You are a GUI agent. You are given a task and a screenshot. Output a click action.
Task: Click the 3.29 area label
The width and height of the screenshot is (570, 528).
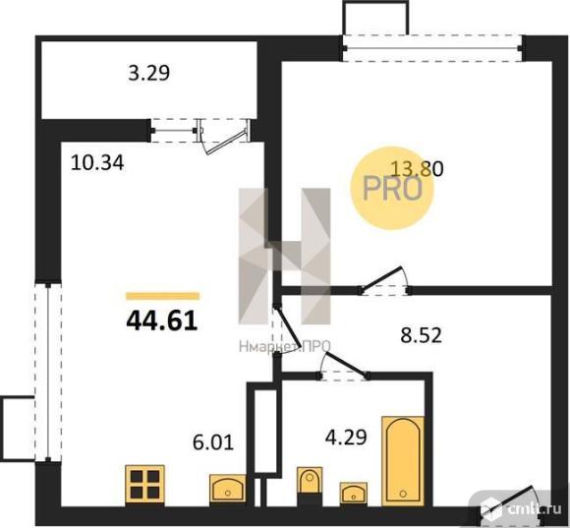pyautogui.click(x=149, y=73)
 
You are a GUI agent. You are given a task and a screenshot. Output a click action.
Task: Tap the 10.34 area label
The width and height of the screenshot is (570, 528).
pyautogui.click(x=97, y=163)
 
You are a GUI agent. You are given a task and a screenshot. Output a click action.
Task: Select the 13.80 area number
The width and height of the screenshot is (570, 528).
pyautogui.click(x=417, y=169)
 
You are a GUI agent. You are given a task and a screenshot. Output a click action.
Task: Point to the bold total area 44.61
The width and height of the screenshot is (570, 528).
pyautogui.click(x=162, y=322)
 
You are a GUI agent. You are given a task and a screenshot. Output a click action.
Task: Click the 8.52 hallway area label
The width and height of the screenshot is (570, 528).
pyautogui.click(x=421, y=335)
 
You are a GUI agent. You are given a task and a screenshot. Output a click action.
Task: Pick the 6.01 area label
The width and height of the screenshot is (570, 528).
pyautogui.click(x=213, y=442)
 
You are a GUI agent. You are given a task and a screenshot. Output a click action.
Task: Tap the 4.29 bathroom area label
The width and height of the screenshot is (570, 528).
pyautogui.click(x=346, y=438)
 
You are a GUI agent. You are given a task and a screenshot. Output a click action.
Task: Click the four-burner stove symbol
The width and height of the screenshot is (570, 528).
pyautogui.click(x=145, y=485)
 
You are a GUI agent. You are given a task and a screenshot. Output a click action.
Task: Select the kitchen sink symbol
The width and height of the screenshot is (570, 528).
pyautogui.click(x=228, y=489)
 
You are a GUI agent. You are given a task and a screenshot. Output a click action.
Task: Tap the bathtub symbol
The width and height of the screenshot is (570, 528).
pyautogui.click(x=403, y=461)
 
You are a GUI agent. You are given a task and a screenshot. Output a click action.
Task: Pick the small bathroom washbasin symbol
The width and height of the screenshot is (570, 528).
pyautogui.click(x=354, y=493)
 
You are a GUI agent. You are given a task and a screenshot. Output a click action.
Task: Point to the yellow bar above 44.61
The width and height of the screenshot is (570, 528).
pyautogui.click(x=162, y=296)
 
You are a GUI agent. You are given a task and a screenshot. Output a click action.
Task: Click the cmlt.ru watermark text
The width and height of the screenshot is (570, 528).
pyautogui.click(x=534, y=509)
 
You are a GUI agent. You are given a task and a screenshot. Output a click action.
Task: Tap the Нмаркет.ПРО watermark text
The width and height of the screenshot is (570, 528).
pyautogui.click(x=285, y=346)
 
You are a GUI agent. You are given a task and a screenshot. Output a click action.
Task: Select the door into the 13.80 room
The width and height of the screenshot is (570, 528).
pyautogui.click(x=385, y=281)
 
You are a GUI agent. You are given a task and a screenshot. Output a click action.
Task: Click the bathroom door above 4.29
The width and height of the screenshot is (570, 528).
pyautogui.click(x=344, y=367)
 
